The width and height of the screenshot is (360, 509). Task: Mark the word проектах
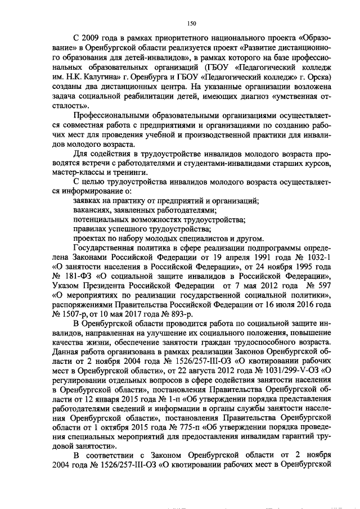coord(91,240)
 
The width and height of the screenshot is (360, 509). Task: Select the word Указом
coord(67,289)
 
